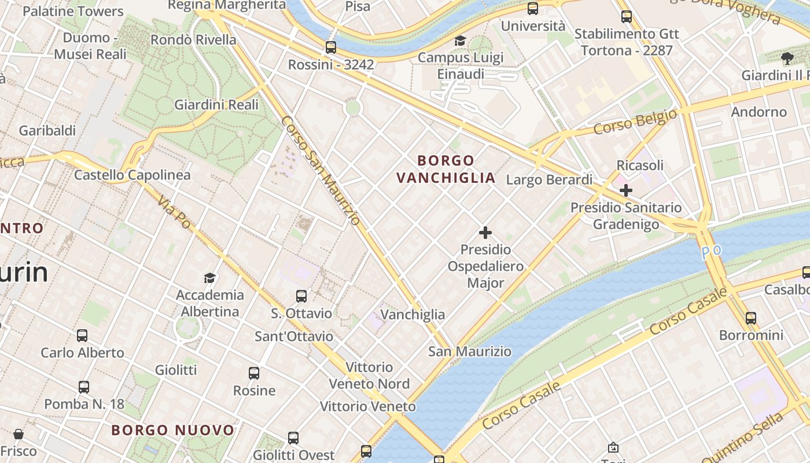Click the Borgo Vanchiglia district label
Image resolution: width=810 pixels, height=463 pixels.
[446, 169]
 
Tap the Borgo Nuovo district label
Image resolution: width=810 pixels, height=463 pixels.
[173, 431]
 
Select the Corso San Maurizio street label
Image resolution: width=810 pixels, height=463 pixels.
[321, 170]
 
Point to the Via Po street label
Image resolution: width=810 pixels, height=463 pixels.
[174, 211]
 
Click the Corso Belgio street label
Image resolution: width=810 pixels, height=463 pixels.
[635, 122]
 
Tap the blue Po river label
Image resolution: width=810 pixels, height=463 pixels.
[711, 252]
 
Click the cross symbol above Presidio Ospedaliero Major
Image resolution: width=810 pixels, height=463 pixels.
[485, 233]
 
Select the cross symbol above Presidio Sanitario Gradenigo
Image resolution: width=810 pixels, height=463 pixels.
[625, 190]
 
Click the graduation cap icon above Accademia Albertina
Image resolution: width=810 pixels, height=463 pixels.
[209, 278]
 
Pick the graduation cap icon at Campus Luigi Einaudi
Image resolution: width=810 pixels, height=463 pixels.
[460, 41]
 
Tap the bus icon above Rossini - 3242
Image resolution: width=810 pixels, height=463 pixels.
[331, 47]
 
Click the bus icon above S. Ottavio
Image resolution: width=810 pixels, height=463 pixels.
[301, 296]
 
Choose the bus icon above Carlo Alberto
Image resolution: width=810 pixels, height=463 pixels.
[82, 336]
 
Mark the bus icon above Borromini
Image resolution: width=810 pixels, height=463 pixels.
[750, 318]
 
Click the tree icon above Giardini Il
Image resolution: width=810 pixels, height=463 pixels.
[787, 58]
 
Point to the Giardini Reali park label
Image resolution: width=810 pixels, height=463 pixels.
[216, 105]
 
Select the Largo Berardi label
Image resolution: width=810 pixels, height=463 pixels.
[549, 180]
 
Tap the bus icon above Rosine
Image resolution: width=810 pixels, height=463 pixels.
[254, 373]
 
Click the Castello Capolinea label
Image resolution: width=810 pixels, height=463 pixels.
[132, 175]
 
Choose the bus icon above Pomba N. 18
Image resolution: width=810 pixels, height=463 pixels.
[84, 387]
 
